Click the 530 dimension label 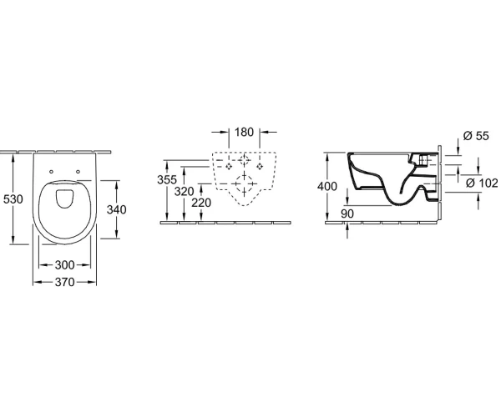(13, 199)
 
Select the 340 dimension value (117, 209)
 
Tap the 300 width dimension (64, 265)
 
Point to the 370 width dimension (64, 282)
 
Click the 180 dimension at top (244, 132)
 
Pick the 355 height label (167, 180)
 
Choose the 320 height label (185, 192)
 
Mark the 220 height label (201, 203)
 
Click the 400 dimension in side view (327, 186)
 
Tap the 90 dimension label (347, 214)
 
